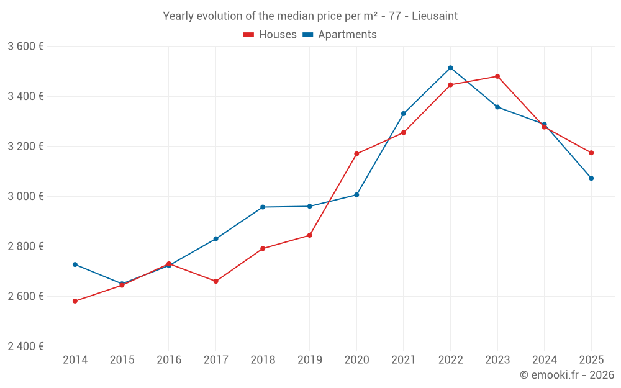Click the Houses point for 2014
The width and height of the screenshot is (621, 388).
tap(75, 301)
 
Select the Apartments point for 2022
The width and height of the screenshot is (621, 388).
tap(450, 68)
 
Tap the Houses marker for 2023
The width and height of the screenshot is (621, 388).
tap(497, 76)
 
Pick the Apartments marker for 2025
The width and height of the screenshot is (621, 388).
tap(591, 178)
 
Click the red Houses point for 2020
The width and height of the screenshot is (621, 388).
tap(356, 154)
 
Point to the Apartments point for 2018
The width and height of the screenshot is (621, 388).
tap(263, 207)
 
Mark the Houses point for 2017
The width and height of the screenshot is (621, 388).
tap(215, 281)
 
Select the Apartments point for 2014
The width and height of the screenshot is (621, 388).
tap(75, 264)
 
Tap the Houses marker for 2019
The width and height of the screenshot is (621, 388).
tap(309, 235)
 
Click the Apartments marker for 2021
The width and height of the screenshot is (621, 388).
tap(404, 114)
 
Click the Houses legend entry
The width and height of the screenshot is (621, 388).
tap(270, 35)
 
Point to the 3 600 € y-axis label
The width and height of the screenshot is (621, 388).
tap(25, 47)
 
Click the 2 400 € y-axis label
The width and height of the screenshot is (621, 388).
tap(25, 346)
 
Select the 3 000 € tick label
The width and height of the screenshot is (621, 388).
tap(25, 196)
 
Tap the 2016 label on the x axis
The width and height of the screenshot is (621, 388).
tap(169, 360)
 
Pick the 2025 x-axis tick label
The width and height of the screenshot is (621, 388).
tap(591, 360)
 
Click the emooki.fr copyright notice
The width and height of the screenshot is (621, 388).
tap(566, 375)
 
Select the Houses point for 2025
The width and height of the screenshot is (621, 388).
tap(591, 153)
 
